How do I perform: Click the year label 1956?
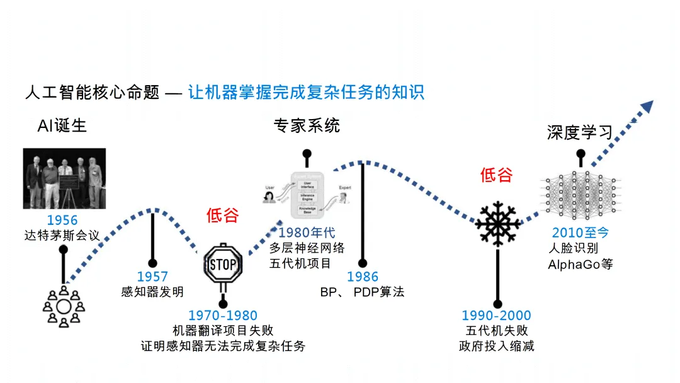coord(62,220)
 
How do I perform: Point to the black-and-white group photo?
coord(64,178)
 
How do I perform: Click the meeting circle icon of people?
coord(64,307)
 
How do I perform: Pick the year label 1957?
coord(152,277)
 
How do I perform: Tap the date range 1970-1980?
coord(223,316)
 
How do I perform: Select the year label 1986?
coord(363,277)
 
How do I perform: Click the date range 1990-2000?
coord(497,316)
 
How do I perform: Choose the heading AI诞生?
coord(62,125)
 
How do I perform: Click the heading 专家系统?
coord(307,125)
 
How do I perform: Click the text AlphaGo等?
coord(580,264)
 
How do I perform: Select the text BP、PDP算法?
coord(363,292)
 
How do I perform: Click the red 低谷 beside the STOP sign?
coord(223,215)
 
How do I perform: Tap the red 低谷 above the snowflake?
coord(496,174)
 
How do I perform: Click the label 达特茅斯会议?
coord(62,236)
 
